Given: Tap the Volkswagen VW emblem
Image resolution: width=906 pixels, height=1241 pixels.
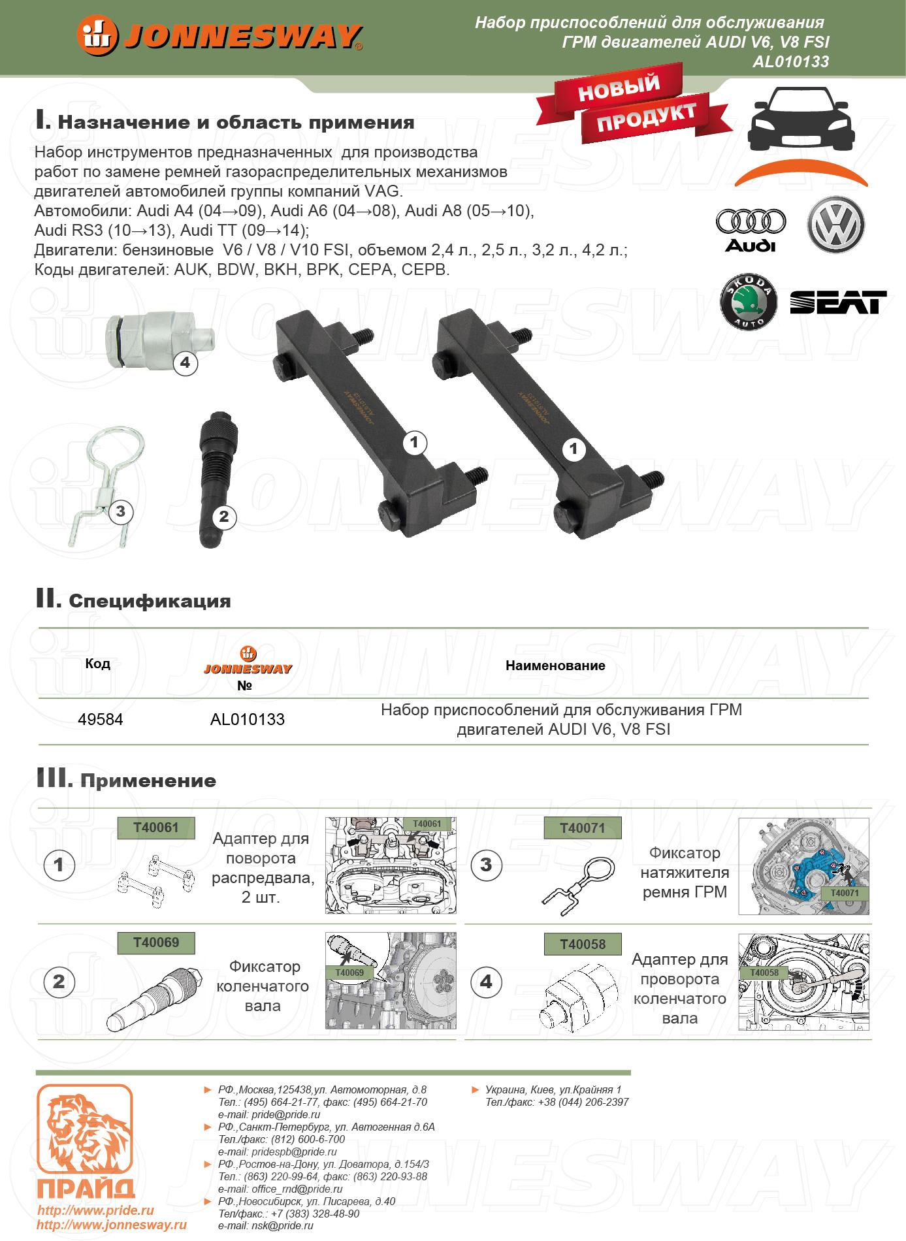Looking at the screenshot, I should pyautogui.click(x=835, y=225).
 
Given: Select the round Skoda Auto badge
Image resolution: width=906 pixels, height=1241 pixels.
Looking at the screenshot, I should pyautogui.click(x=749, y=302).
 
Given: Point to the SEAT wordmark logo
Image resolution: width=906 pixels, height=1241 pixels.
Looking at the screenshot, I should pyautogui.click(x=838, y=302).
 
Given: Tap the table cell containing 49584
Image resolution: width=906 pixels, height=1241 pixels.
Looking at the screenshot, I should pyautogui.click(x=101, y=720).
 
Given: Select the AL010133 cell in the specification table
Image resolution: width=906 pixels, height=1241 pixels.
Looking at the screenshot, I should pyautogui.click(x=248, y=720).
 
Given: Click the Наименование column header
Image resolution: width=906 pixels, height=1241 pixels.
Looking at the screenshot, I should pyautogui.click(x=555, y=666).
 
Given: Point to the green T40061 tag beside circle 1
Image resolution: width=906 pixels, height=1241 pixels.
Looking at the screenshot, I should pyautogui.click(x=156, y=828).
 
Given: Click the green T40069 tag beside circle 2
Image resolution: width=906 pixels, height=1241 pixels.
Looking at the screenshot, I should pyautogui.click(x=156, y=943).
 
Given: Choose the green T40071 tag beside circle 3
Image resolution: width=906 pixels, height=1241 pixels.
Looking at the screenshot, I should pyautogui.click(x=582, y=828).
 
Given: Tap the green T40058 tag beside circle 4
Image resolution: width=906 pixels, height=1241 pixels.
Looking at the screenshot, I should pyautogui.click(x=582, y=944).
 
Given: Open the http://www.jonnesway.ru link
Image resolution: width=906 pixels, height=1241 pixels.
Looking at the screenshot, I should pyautogui.click(x=112, y=1225).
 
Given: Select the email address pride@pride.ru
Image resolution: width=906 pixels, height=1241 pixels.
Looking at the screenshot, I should pyautogui.click(x=285, y=1114).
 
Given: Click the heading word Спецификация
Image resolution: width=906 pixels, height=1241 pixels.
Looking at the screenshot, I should pyautogui.click(x=150, y=601).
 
